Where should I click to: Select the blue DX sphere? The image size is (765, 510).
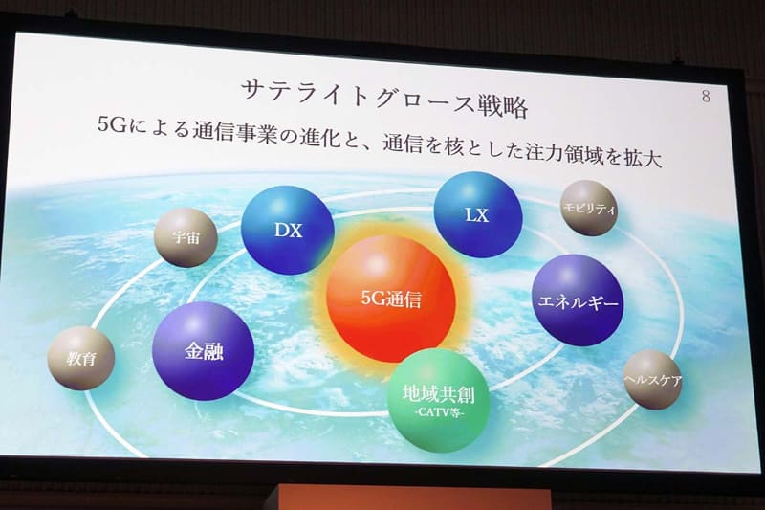click(x=287, y=231)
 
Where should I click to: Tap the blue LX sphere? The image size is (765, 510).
click(x=477, y=215)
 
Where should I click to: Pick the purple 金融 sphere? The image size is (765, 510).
click(x=203, y=351)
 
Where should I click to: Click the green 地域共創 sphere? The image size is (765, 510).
click(x=439, y=402)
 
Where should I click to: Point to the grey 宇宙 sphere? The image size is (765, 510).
click(x=186, y=237)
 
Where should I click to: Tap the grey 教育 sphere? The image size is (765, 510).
click(x=80, y=357)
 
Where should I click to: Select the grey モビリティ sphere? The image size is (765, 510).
click(x=589, y=208)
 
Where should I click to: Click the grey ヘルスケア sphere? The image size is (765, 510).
click(x=651, y=379)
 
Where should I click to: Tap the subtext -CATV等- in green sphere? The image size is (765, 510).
click(x=440, y=414)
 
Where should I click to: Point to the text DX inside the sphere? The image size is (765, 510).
click(x=287, y=230)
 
